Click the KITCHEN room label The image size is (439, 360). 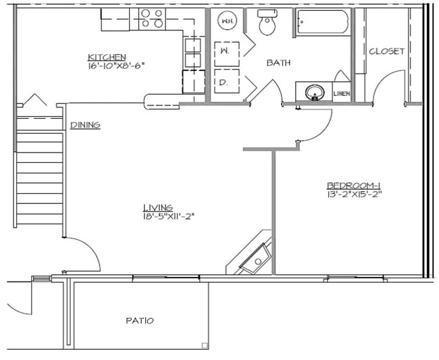[107, 57]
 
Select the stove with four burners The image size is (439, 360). [152, 18]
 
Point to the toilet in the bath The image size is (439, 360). [267, 24]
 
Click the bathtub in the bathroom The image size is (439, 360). [321, 24]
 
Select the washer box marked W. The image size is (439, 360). [225, 51]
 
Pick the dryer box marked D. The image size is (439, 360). [225, 82]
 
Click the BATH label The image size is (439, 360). [278, 63]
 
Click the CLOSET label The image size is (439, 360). [386, 51]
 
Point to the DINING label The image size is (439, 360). [85, 125]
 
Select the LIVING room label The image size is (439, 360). [157, 207]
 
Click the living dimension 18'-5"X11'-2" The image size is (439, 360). [165, 216]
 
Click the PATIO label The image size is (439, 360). [139, 320]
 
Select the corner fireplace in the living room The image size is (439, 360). [252, 256]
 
